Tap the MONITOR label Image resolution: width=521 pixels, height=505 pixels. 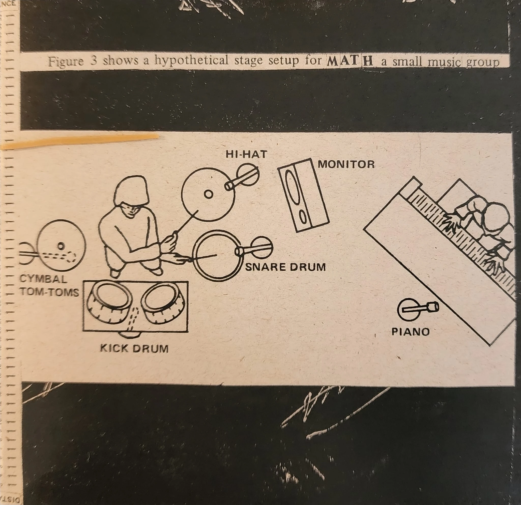point(346,164)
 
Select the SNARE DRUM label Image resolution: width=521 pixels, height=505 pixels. point(285,267)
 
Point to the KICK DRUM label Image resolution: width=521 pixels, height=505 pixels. point(134,348)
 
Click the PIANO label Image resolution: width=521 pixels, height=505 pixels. point(410,332)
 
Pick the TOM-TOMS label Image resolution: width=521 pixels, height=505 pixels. point(50,292)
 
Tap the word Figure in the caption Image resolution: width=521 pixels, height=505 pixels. point(66,62)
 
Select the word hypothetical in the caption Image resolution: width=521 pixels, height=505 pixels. point(191,61)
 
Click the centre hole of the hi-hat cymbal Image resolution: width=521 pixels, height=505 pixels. point(209,194)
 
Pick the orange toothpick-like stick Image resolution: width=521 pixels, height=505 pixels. point(80,141)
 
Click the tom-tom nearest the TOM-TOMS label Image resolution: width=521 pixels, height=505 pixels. point(109,302)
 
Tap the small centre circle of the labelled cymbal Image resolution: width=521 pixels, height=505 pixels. point(61,246)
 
